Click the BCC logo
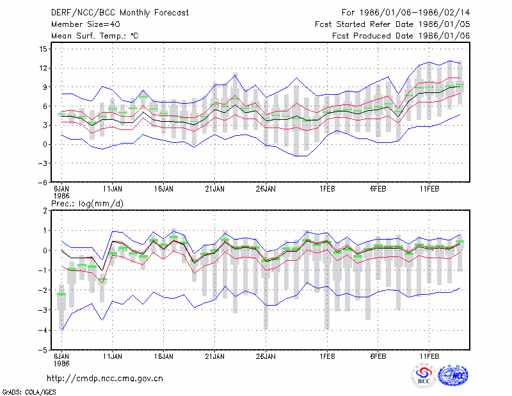(x=424, y=375)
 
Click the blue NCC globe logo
(x=453, y=375)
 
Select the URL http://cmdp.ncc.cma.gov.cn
(x=105, y=379)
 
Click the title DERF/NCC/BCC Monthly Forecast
(x=120, y=13)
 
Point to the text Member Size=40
(x=86, y=24)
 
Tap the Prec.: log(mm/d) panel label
(x=87, y=204)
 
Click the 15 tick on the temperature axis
(x=43, y=49)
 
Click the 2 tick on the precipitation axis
(x=45, y=211)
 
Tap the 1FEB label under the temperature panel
(x=327, y=189)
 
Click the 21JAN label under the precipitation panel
(x=215, y=356)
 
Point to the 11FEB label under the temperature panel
(x=429, y=189)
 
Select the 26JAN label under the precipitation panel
(x=266, y=356)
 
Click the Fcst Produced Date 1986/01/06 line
(x=401, y=36)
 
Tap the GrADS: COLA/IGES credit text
(x=29, y=392)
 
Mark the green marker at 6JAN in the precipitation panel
(x=61, y=294)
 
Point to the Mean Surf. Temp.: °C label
(x=95, y=36)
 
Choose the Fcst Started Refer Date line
(x=392, y=24)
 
